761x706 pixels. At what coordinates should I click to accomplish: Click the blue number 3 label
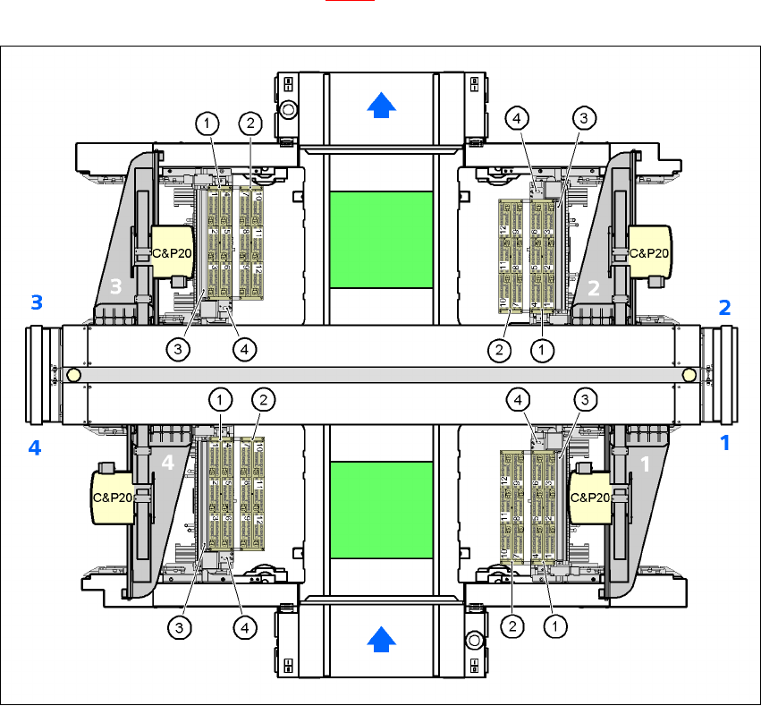click(x=37, y=302)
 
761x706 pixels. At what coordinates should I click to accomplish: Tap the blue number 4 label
click(x=35, y=448)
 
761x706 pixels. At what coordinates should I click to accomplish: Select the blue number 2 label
click(x=725, y=307)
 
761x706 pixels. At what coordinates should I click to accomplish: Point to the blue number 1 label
click(x=725, y=442)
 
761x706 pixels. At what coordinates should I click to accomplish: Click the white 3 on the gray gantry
click(x=114, y=287)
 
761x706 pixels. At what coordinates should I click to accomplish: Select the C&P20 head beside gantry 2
click(x=649, y=253)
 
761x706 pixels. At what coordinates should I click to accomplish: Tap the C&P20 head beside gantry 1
click(x=590, y=498)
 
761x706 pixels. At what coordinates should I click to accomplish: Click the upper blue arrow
click(x=382, y=106)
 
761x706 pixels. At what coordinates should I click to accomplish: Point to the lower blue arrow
click(x=382, y=638)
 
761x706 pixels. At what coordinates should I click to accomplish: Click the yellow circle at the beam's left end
click(x=73, y=373)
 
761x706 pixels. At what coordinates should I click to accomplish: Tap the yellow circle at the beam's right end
click(x=689, y=373)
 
